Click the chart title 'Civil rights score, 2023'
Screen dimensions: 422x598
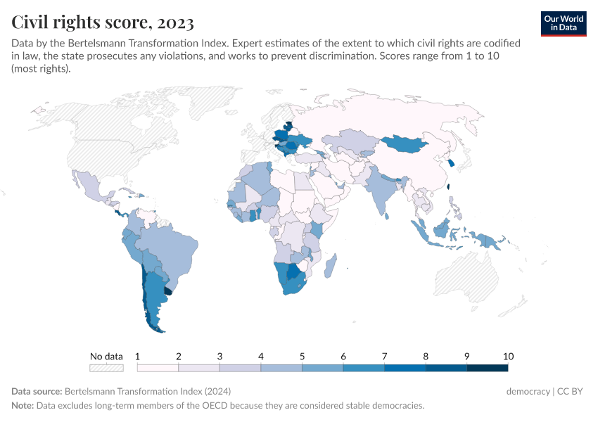point(103,23)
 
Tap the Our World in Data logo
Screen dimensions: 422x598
point(564,23)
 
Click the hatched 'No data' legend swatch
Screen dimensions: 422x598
point(106,367)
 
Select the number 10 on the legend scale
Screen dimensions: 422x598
point(507,356)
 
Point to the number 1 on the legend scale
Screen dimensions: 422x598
point(138,356)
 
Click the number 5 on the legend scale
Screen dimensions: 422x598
point(303,356)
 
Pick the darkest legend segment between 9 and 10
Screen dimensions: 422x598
point(487,367)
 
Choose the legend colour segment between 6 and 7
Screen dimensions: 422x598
point(364,367)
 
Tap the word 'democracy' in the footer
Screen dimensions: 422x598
point(528,391)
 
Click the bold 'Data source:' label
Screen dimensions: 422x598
point(37,391)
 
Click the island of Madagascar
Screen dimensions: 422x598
point(332,267)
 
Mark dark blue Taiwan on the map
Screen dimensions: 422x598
point(449,187)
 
